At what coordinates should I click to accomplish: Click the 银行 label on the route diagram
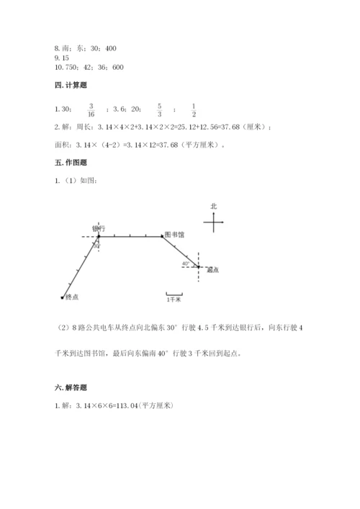coord(99,228)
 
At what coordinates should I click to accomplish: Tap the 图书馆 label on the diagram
coord(175,234)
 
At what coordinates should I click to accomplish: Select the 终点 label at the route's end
coord(71,297)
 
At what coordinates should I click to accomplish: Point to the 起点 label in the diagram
coord(212,270)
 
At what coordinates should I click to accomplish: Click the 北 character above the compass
coord(213,206)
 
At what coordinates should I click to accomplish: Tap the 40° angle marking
coord(186,263)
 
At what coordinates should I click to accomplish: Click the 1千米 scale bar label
coord(174,297)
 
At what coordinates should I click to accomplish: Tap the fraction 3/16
coord(91,109)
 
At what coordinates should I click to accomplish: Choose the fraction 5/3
coord(159,109)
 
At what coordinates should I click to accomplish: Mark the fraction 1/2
coord(194,109)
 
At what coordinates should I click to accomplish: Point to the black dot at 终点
coord(62,297)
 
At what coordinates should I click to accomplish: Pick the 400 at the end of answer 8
coord(110,48)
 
